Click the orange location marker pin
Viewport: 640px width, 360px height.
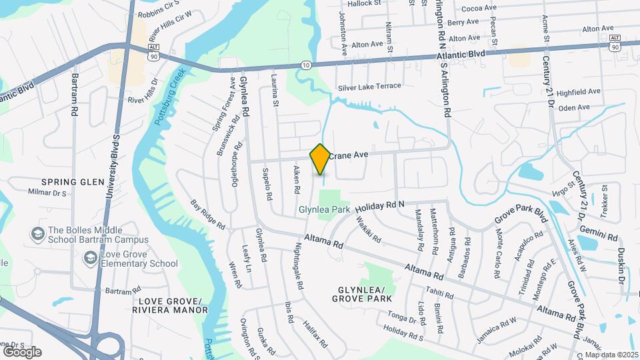click(320, 159)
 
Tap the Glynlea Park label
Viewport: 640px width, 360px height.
click(324, 209)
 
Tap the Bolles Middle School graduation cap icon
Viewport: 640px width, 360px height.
click(38, 234)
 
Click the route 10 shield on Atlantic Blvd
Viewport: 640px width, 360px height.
click(305, 65)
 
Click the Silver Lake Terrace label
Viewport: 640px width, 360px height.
click(369, 86)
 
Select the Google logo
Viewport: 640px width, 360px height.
click(22, 351)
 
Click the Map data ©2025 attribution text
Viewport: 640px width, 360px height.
click(611, 355)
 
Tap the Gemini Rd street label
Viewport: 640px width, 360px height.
click(605, 229)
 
